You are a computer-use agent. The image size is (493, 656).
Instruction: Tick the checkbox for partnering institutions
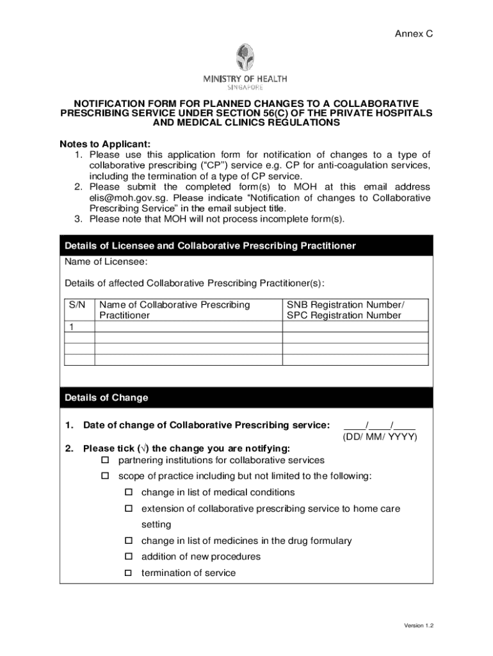[105, 461]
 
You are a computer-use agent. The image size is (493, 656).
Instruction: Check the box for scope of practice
[105, 477]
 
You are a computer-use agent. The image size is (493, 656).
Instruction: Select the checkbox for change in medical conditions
[128, 493]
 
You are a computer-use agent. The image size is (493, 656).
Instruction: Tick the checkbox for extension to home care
[128, 509]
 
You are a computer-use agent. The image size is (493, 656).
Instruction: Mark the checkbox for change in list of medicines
[128, 541]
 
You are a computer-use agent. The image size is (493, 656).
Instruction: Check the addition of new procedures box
[128, 557]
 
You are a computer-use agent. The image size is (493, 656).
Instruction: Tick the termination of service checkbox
[128, 573]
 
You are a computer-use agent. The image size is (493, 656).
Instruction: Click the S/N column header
[77, 305]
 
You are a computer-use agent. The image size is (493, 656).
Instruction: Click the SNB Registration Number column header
[346, 310]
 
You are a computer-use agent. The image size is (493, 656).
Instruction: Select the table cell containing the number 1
[72, 327]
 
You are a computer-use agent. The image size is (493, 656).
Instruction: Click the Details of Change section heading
[106, 398]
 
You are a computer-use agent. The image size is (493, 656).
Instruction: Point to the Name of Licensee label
[106, 262]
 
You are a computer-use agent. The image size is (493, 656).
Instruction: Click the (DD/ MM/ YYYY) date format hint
[380, 437]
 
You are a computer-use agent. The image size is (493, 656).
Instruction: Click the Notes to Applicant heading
[106, 143]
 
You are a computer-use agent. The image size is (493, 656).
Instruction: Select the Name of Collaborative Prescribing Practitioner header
[174, 310]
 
